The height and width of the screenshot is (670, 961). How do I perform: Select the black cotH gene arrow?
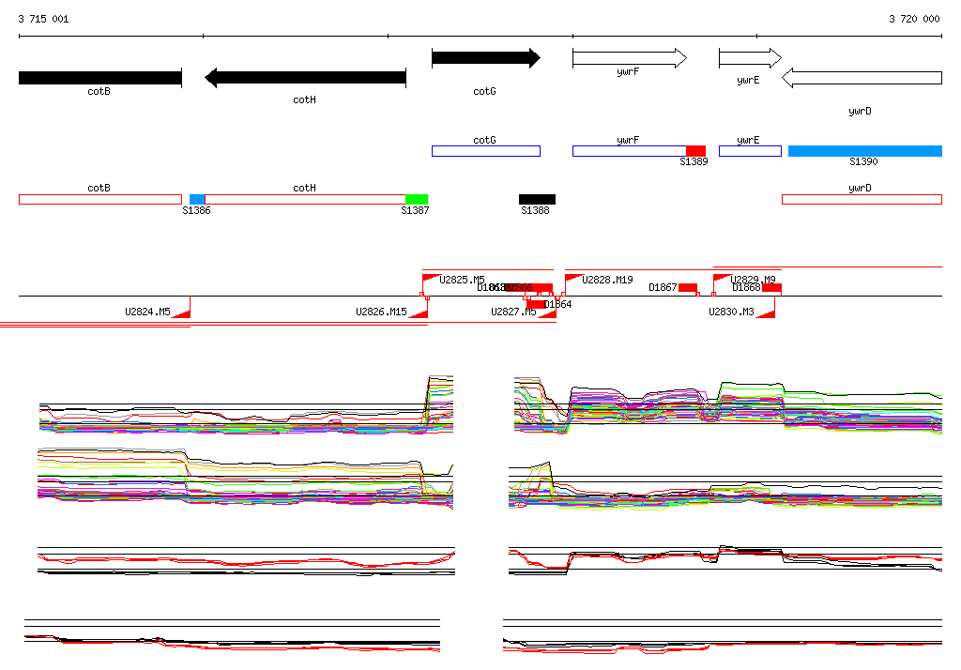pyautogui.click(x=305, y=78)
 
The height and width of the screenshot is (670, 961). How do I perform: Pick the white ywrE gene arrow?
pyautogui.click(x=749, y=59)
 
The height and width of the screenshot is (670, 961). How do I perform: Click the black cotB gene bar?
pyautogui.click(x=99, y=78)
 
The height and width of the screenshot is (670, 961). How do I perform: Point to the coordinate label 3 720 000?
pyautogui.click(x=914, y=19)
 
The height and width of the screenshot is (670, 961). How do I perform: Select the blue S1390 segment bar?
pyautogui.click(x=864, y=151)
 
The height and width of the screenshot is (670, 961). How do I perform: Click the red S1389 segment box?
pyautogui.click(x=695, y=151)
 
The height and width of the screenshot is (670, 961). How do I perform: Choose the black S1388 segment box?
pyautogui.click(x=537, y=199)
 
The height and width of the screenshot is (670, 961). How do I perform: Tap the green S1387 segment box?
pyautogui.click(x=416, y=199)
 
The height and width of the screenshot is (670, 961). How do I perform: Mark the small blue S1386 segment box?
pyautogui.click(x=197, y=199)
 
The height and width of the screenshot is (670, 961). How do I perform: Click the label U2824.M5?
pyautogui.click(x=147, y=312)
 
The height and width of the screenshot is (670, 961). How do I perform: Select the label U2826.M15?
pyautogui.click(x=381, y=312)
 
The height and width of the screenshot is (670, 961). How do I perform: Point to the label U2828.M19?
pyautogui.click(x=607, y=280)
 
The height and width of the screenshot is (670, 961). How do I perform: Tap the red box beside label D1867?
pyautogui.click(x=688, y=287)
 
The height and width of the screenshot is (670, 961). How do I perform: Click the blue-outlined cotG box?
pyautogui.click(x=485, y=151)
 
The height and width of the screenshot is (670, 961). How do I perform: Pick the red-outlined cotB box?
pyautogui.click(x=99, y=199)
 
